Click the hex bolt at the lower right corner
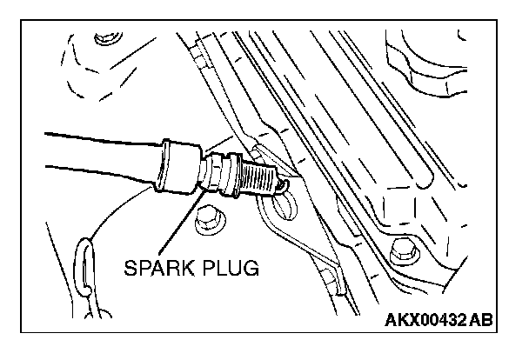(403, 252)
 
